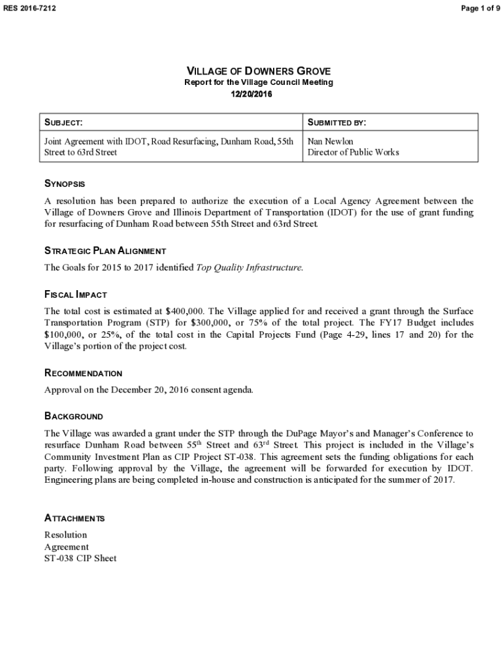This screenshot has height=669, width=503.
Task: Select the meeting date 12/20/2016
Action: pyautogui.click(x=252, y=94)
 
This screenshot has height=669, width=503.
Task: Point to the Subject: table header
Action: pyautogui.click(x=63, y=123)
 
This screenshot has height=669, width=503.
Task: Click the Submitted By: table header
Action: pyautogui.click(x=336, y=123)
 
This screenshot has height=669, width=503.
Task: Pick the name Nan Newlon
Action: pyautogui.click(x=330, y=141)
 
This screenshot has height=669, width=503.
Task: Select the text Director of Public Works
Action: pyautogui.click(x=353, y=152)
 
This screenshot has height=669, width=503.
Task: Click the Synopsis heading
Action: pyautogui.click(x=64, y=184)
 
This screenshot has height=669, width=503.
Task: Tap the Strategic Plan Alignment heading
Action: pyautogui.click(x=105, y=251)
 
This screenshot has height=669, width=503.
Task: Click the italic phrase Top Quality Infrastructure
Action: pyautogui.click(x=250, y=267)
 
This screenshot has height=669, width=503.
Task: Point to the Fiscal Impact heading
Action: pyautogui.click(x=75, y=295)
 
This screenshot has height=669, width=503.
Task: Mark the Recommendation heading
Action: pyautogui.click(x=83, y=374)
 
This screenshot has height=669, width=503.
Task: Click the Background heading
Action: pyautogui.click(x=73, y=416)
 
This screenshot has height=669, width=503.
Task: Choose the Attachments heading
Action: pyautogui.click(x=74, y=518)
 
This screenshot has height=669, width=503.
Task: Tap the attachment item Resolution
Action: pyautogui.click(x=65, y=535)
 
